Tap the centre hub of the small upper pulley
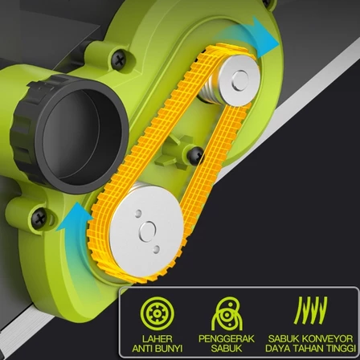coord(240,80)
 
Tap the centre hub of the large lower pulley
coord(147,231)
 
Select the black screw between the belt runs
coord(195,156)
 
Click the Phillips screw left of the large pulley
coord(39,219)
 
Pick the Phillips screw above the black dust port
coord(119,60)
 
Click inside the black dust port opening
coord(80,137)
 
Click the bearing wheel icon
coord(157,313)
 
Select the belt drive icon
coord(227,313)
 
